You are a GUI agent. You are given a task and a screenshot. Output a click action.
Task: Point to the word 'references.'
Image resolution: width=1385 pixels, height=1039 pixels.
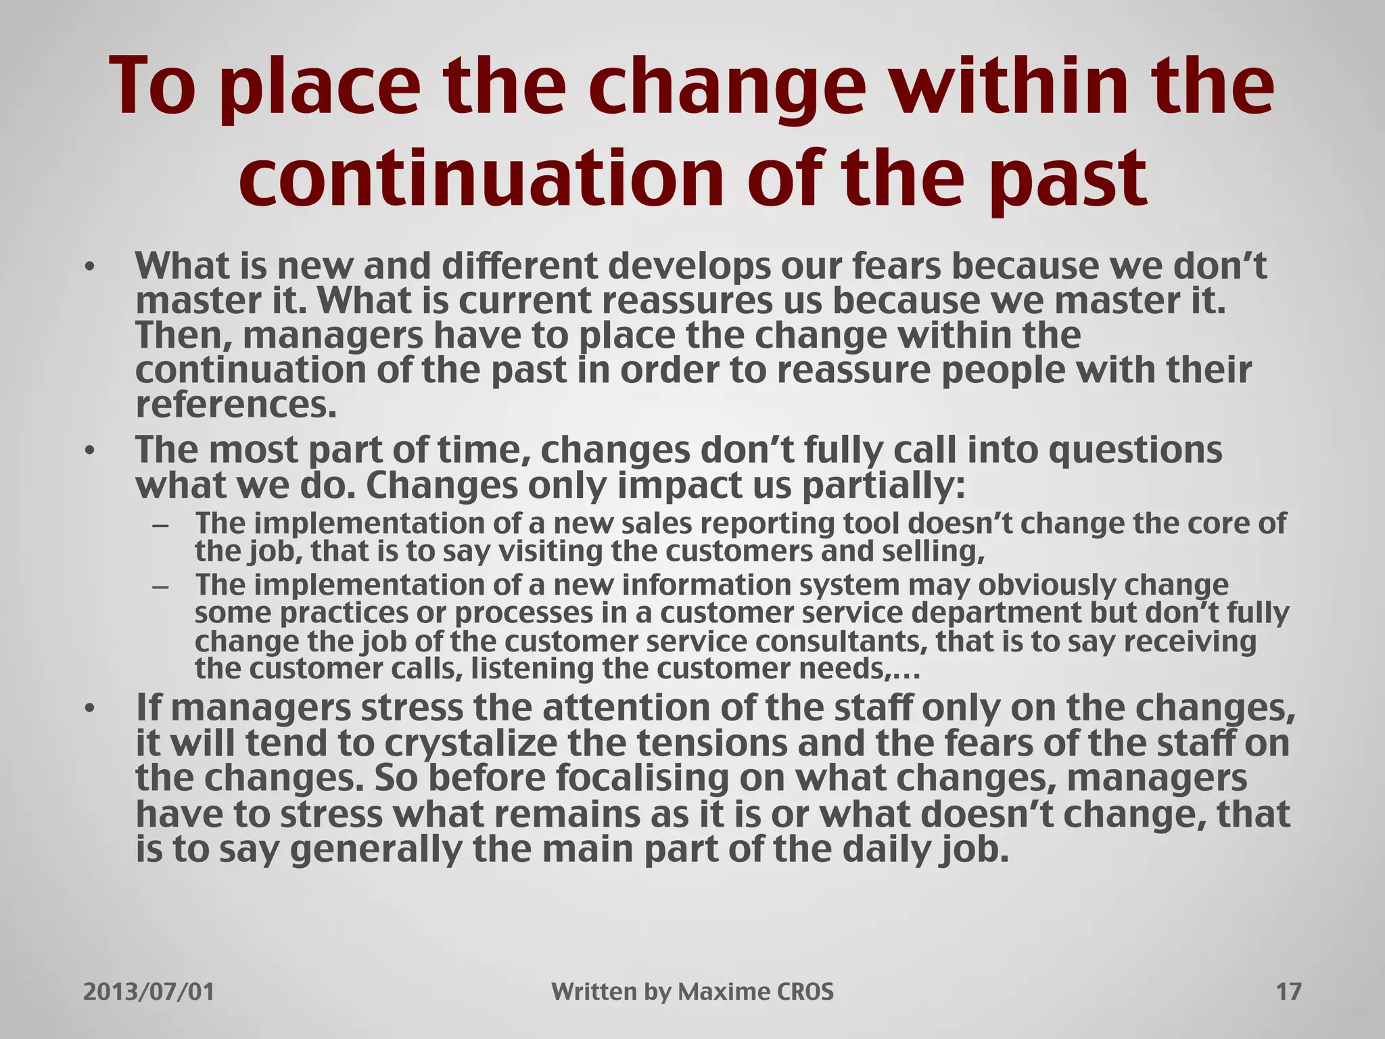coord(236,406)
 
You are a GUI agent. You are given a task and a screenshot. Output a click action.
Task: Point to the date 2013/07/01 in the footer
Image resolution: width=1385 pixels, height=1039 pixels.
coord(149,992)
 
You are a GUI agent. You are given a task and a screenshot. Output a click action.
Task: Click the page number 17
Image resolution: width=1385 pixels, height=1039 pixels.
coord(1288,992)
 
